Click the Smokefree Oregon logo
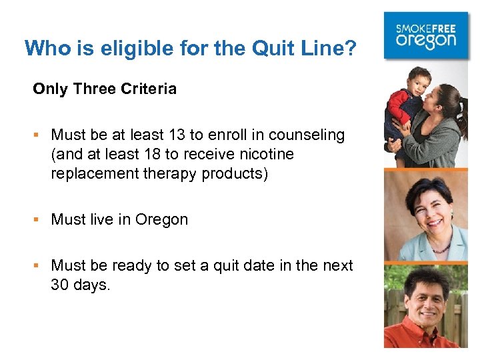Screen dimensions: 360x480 (x=426, y=36)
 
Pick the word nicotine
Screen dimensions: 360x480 (x=266, y=155)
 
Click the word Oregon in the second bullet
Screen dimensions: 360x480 (x=161, y=220)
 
